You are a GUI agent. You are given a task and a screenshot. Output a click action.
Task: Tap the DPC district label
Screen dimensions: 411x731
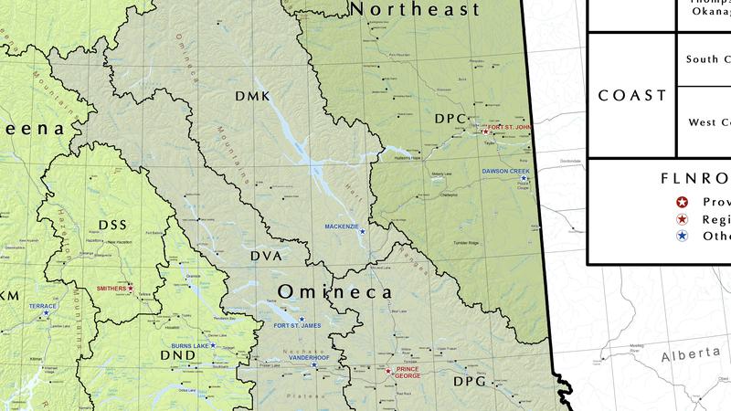(450, 119)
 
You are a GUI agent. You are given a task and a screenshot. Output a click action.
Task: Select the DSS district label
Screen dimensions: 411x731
(112, 225)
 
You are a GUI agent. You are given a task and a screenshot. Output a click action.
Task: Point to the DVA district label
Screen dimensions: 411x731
(266, 258)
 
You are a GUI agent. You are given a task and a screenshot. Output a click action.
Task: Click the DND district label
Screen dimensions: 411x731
(177, 354)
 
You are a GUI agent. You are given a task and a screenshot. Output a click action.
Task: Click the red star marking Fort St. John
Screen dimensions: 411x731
(485, 133)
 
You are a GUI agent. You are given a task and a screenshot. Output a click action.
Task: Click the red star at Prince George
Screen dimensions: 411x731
(388, 372)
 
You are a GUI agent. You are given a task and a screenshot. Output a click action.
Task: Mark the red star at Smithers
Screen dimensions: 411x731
(131, 289)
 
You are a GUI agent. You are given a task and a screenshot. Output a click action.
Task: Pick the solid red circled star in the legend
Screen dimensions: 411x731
(682, 202)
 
